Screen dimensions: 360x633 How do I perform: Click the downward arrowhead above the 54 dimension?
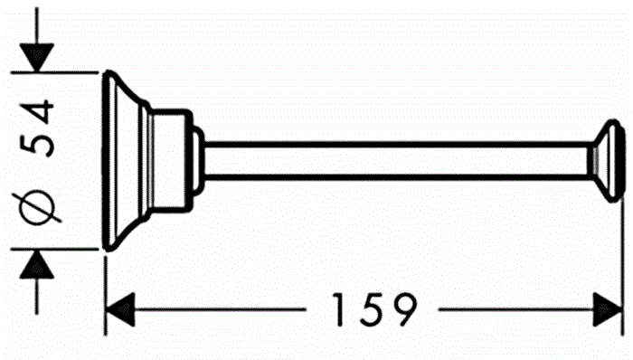coord(36,58)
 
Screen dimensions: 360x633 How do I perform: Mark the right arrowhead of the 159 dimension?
coord(607,310)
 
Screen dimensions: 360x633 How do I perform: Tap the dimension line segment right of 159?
coord(515,310)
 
